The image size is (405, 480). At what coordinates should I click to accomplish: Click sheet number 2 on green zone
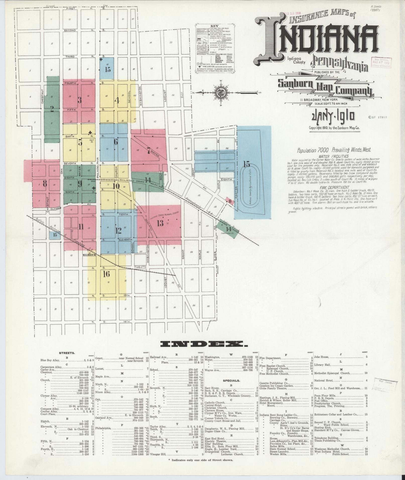coord(52,109)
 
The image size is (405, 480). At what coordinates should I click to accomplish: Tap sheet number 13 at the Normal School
coord(160,223)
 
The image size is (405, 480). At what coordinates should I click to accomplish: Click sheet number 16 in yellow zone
coord(106,274)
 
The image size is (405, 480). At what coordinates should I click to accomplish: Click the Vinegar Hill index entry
coord(159,454)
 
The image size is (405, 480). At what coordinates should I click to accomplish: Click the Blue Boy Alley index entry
coord(50,360)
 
